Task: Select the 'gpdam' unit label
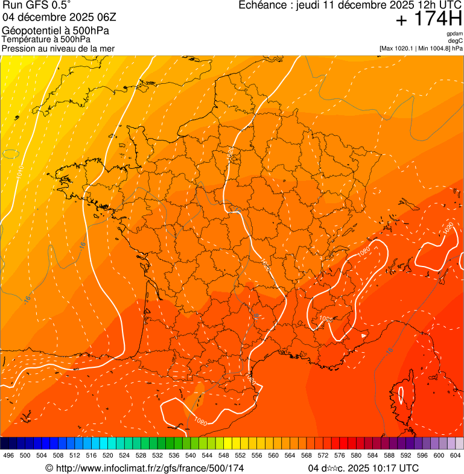tap(454, 34)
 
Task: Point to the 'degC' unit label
tap(456, 40)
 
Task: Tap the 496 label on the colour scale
tap(8, 455)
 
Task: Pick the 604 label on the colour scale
tap(456, 455)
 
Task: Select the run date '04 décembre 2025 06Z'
tap(63, 17)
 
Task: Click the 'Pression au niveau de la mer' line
tap(58, 48)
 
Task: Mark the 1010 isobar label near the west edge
tap(19, 171)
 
